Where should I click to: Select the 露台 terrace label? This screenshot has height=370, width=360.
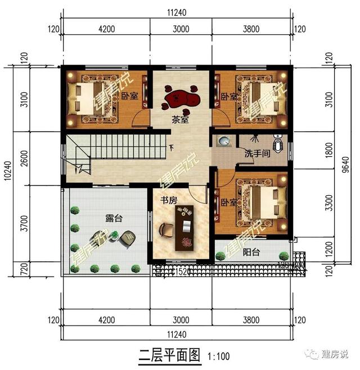(x=113, y=219)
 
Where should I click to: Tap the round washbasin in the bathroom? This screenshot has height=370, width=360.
(x=224, y=141)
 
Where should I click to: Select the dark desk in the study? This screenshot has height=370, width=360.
(x=185, y=228)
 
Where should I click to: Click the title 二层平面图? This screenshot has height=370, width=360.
(x=169, y=355)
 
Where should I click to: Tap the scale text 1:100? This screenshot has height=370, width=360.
(x=218, y=356)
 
